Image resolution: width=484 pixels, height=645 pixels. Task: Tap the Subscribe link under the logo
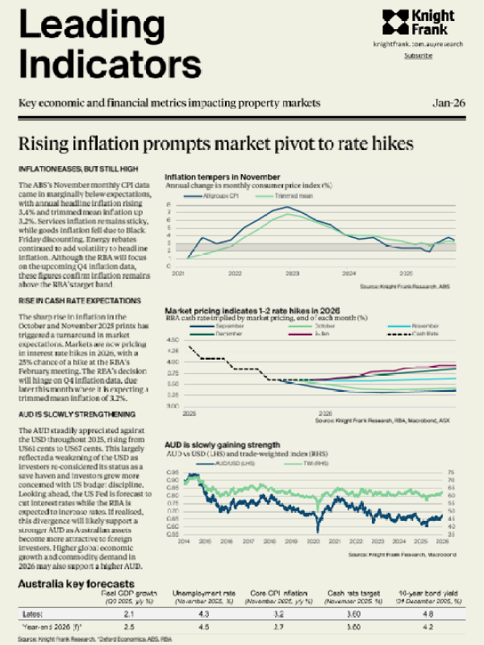[x=418, y=56]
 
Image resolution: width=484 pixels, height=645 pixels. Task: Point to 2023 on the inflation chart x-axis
[x=292, y=274]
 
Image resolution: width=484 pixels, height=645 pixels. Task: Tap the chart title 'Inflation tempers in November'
[x=223, y=177]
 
